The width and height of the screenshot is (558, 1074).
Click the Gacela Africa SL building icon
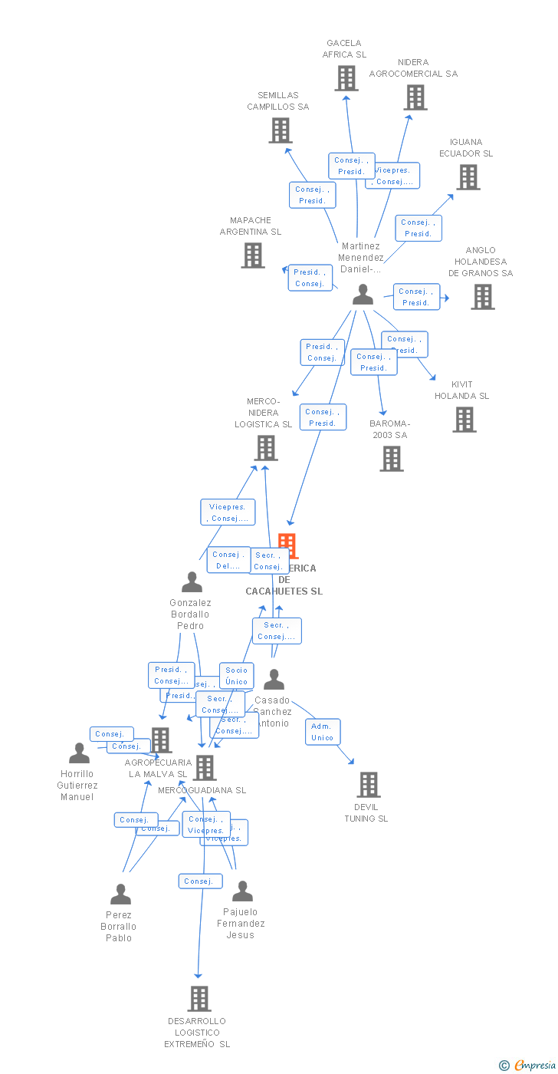tap(346, 78)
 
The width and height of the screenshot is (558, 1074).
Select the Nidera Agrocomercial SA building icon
tap(415, 97)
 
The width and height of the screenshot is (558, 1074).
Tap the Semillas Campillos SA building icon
tap(281, 130)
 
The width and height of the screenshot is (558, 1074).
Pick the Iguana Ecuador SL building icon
tap(468, 177)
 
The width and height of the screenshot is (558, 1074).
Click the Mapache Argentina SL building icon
tap(253, 255)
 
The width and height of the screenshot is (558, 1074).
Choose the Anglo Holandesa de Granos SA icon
tap(482, 297)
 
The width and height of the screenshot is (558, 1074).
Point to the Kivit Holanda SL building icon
tap(464, 420)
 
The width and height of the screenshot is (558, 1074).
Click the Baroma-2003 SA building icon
tap(392, 459)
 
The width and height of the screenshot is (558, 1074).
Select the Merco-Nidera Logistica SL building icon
tap(266, 448)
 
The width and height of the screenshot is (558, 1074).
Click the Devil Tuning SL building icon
tap(369, 785)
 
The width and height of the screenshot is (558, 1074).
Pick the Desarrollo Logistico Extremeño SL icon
tap(199, 999)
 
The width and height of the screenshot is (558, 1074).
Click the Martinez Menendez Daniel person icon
tap(363, 295)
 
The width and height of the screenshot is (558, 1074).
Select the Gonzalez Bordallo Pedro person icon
tap(192, 582)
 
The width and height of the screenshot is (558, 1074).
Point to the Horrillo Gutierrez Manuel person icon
tap(79, 753)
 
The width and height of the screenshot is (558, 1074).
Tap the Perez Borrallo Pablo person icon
tap(120, 894)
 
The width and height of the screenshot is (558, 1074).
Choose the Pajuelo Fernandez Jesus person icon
tap(242, 891)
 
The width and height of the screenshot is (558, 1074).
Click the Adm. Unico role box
tap(322, 732)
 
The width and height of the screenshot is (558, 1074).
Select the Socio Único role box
tap(236, 676)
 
